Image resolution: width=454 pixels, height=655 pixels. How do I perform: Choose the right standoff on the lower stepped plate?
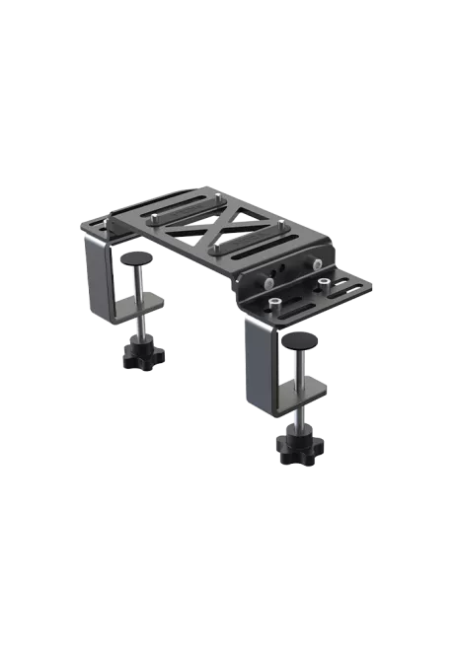(x=323, y=283)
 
